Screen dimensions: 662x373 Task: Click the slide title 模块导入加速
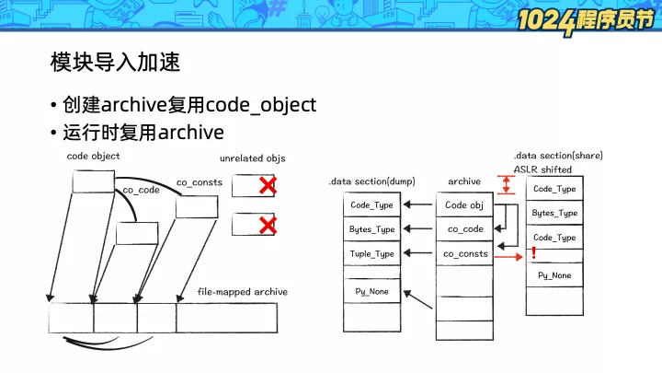pyautogui.click(x=115, y=62)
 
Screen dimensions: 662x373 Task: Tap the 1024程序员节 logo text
pyautogui.click(x=586, y=21)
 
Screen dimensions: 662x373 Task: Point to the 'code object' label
pyautogui.click(x=93, y=156)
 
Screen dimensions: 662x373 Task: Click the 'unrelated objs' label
pyautogui.click(x=253, y=158)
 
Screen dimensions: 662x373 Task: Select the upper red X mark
pyautogui.click(x=268, y=186)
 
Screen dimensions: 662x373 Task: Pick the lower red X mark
pyautogui.click(x=268, y=225)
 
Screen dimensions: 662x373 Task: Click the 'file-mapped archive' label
pyautogui.click(x=243, y=292)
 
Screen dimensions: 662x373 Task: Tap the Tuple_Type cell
pyautogui.click(x=372, y=253)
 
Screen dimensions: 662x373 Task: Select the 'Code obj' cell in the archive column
pyautogui.click(x=464, y=205)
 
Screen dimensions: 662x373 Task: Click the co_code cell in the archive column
pyautogui.click(x=464, y=229)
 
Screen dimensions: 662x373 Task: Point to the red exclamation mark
pyautogui.click(x=533, y=252)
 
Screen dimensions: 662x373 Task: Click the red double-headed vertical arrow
pyautogui.click(x=507, y=185)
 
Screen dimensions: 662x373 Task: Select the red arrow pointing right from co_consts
pyautogui.click(x=508, y=257)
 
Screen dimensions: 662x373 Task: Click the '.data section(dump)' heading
pyautogui.click(x=372, y=181)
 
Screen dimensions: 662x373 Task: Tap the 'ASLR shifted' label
pyautogui.click(x=543, y=169)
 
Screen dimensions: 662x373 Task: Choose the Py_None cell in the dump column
pyautogui.click(x=372, y=291)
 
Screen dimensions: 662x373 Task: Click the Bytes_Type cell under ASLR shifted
pyautogui.click(x=554, y=213)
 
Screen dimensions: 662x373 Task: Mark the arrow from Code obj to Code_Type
pyautogui.click(x=418, y=204)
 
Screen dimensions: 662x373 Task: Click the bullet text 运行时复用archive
pyautogui.click(x=143, y=133)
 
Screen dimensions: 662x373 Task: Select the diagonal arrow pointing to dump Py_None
pyautogui.click(x=418, y=299)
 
